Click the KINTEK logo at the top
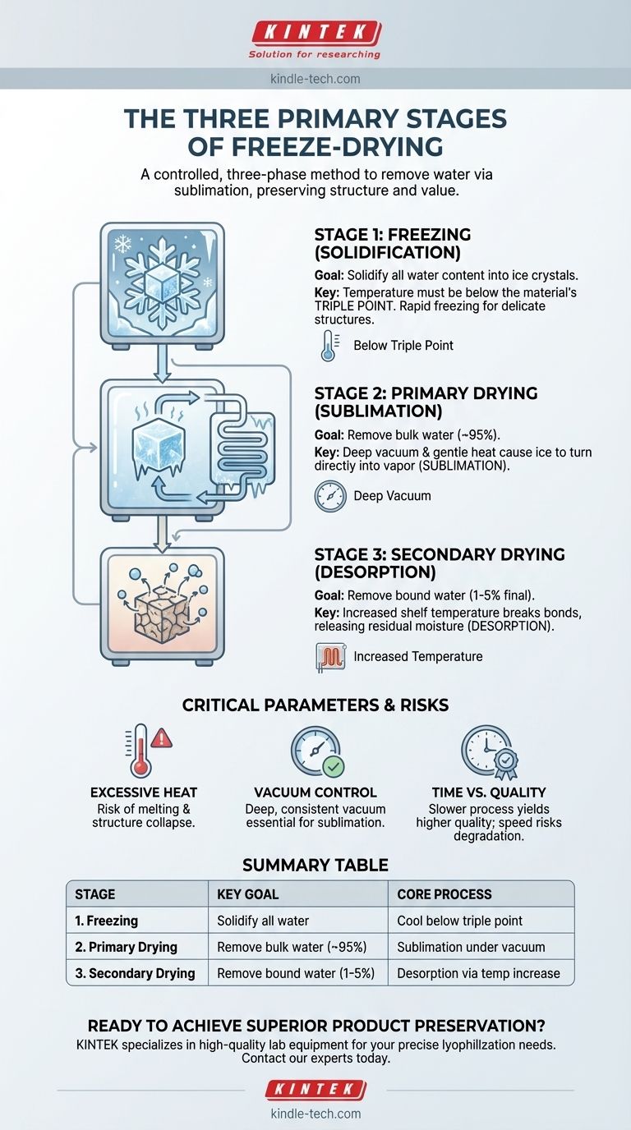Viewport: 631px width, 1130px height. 315,33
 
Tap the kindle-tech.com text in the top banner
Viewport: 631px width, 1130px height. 315,79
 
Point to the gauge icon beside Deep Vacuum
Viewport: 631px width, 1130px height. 330,496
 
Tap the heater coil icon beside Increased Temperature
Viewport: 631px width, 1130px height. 330,656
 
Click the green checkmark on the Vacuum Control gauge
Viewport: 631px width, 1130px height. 334,766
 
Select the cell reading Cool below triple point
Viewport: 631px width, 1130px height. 456,920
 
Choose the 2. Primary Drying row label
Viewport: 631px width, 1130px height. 126,947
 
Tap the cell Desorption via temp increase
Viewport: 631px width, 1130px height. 478,973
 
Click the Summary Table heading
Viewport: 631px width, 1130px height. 315,864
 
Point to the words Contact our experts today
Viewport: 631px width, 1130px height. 315,1059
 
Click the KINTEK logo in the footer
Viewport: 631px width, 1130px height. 315,1090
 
